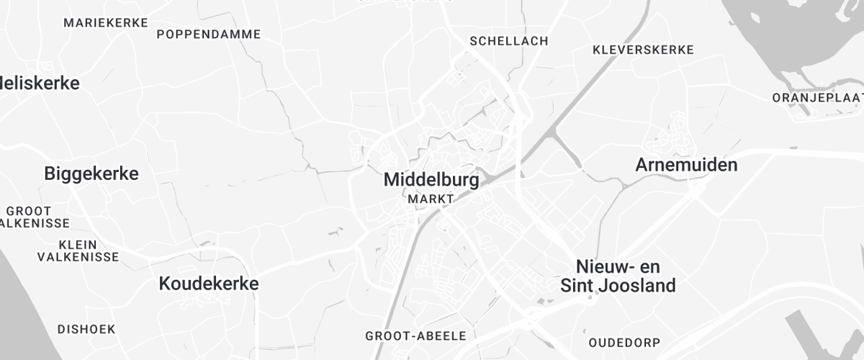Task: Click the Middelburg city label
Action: [x=431, y=180]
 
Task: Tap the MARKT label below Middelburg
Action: [x=431, y=198]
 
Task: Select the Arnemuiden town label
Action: [x=686, y=165]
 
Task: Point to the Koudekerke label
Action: [x=208, y=284]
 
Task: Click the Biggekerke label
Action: [x=91, y=174]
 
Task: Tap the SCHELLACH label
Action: [x=508, y=41]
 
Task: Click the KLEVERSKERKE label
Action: [x=643, y=50]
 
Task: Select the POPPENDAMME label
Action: [x=208, y=34]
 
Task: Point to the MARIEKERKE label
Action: [x=105, y=22]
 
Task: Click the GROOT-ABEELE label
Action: [x=416, y=336]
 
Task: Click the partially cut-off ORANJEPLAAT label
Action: [x=817, y=97]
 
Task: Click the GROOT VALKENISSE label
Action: [x=32, y=217]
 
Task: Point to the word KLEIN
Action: [x=78, y=243]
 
